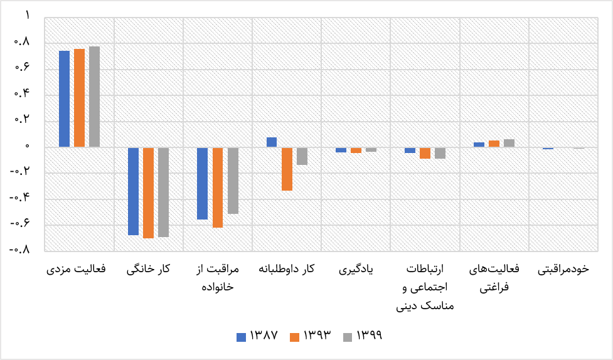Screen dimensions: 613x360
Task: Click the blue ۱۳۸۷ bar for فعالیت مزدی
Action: pos(64,99)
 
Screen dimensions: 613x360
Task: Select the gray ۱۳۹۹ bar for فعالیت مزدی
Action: pos(94,97)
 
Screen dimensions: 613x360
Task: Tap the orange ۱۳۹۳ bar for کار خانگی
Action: pos(148,193)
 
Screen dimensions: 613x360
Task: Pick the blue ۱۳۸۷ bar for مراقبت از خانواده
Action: pos(202,183)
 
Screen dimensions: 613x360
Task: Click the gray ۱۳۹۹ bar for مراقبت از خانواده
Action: pos(233,181)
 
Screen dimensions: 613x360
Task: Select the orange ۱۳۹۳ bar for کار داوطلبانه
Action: pos(287,169)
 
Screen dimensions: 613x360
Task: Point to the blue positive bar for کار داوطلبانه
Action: pos(272,142)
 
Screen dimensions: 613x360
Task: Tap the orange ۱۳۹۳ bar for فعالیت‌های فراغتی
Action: pos(494,144)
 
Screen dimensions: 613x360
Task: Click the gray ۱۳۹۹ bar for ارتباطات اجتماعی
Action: pos(440,153)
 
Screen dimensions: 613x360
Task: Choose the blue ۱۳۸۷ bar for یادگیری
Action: pos(341,150)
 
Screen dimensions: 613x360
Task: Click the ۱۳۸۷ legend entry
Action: pos(257,336)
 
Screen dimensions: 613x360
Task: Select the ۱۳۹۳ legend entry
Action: pos(311,336)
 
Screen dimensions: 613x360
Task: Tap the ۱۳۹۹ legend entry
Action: pos(363,336)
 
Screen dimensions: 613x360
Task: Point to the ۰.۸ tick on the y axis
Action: pos(23,42)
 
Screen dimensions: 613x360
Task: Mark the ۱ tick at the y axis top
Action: pos(28,16)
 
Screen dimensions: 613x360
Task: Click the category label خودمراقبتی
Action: pos(563,269)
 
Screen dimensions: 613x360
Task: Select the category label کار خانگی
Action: pos(148,269)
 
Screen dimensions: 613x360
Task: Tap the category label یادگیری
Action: pos(356,269)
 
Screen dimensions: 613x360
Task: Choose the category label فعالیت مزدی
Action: pos(77,269)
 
